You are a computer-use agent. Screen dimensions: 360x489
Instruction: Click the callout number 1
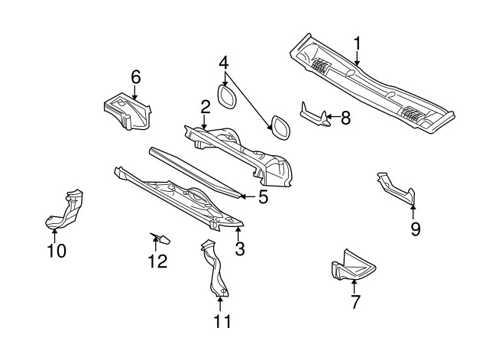coord(357,43)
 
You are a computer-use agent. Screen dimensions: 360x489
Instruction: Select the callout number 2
coord(206,106)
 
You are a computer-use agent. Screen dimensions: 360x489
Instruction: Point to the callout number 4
coord(224,62)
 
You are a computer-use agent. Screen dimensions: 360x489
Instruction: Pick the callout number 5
coord(262,197)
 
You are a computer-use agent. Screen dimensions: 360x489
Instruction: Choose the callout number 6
coord(136,76)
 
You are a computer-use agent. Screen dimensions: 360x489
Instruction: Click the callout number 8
coord(345,118)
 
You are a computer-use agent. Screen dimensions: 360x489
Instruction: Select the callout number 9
coord(415,229)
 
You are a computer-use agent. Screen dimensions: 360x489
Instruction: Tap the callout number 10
coord(57,250)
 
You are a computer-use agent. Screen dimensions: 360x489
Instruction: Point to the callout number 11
coord(222,321)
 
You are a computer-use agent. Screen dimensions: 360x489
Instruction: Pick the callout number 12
coord(157,261)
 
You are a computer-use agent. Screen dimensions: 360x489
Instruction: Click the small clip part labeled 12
coord(160,238)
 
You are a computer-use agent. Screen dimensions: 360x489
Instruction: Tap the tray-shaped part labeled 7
coord(352,267)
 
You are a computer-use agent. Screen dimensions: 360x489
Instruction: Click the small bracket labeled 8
coord(315,115)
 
